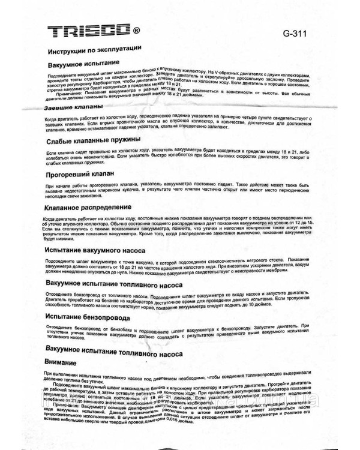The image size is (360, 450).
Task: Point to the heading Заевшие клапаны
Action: point(76,108)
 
